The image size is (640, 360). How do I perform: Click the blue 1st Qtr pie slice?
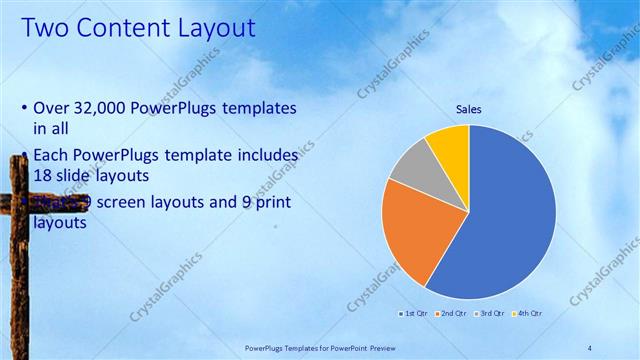pyautogui.click(x=500, y=220)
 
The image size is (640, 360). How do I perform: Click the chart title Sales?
pyautogui.click(x=468, y=108)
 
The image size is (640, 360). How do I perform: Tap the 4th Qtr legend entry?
pyautogui.click(x=527, y=314)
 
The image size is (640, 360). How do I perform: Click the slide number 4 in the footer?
pyautogui.click(x=589, y=346)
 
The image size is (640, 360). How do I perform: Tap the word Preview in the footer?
pyautogui.click(x=398, y=346)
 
